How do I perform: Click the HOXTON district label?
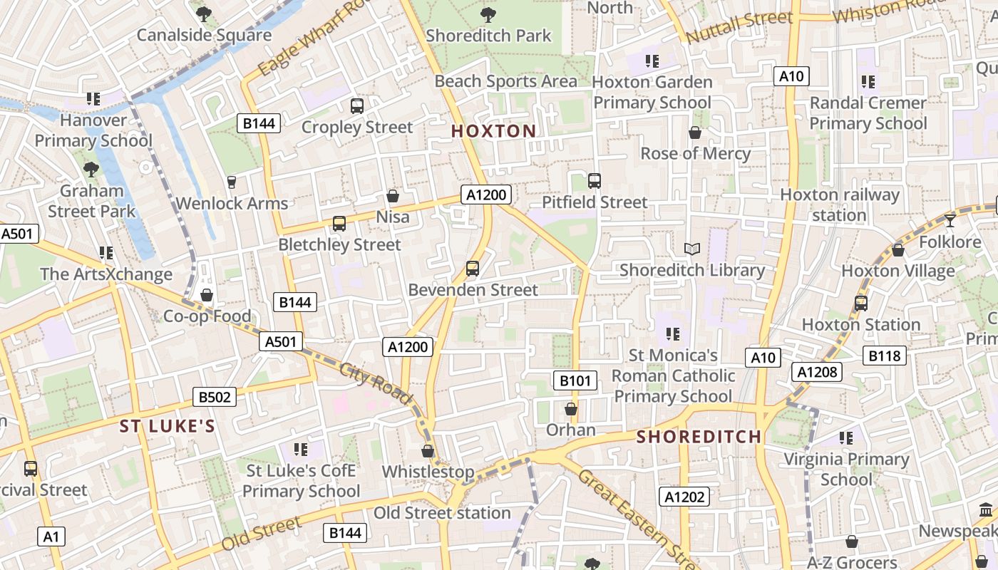click(493, 131)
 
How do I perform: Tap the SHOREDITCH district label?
click(699, 437)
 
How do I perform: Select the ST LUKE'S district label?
click(167, 427)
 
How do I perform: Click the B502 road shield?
click(215, 397)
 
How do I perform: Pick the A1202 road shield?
click(684, 497)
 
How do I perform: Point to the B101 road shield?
click(575, 380)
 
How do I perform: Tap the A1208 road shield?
click(817, 371)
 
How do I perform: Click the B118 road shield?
click(885, 356)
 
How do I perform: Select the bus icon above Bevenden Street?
click(472, 269)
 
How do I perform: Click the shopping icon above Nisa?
click(392, 195)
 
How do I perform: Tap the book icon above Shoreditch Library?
click(691, 249)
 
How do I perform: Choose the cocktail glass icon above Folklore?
click(950, 220)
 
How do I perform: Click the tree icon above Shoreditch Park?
click(488, 14)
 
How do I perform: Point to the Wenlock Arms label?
click(232, 203)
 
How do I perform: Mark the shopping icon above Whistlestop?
click(428, 451)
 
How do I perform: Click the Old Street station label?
click(442, 513)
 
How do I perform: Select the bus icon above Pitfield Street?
click(594, 181)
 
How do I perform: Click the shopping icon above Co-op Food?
click(207, 295)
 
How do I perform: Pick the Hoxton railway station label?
click(840, 204)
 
